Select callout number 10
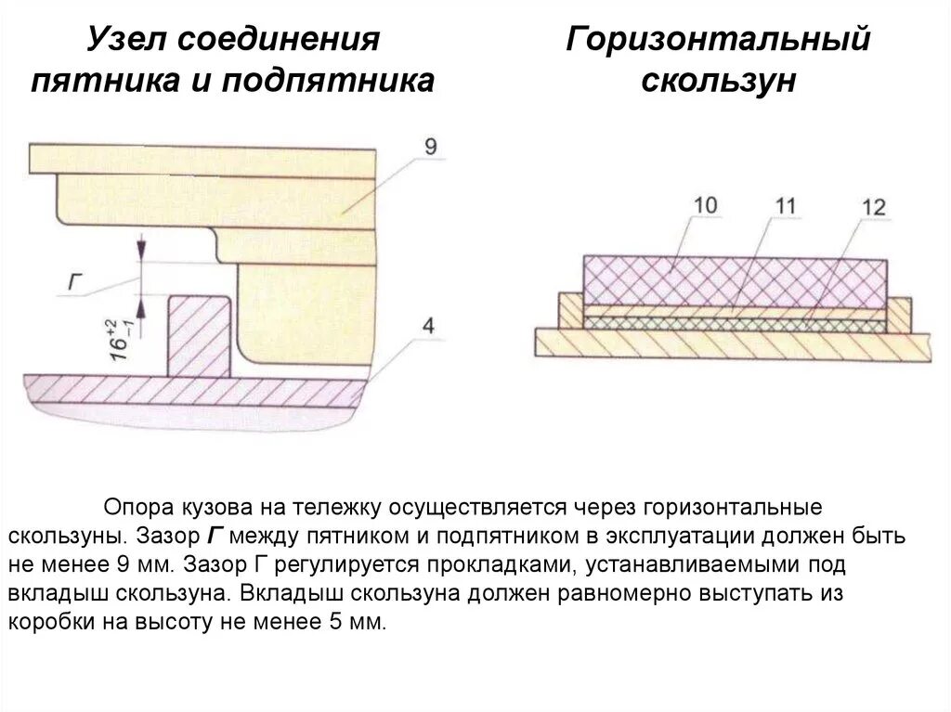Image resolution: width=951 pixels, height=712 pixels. coord(705,204)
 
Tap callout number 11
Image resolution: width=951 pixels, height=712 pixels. coord(786,205)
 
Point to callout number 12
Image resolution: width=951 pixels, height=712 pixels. coord(874,206)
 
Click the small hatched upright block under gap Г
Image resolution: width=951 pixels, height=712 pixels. coord(199,334)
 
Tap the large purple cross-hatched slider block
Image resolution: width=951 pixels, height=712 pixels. coord(734,282)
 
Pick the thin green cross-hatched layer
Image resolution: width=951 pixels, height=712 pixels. coord(734,321)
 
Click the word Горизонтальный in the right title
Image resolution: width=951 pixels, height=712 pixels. coord(719,41)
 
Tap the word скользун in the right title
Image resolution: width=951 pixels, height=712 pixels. coord(719,81)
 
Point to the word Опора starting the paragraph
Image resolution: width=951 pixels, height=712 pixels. coord(140,509)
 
